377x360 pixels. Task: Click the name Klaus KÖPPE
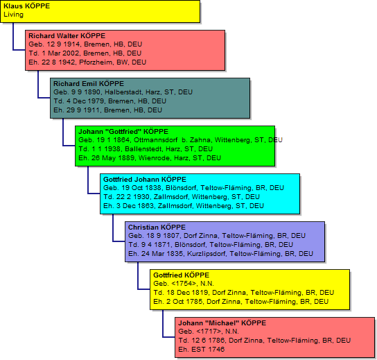pos(27,6)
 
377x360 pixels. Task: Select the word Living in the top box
pos(13,15)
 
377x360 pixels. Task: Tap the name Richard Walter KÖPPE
pos(67,36)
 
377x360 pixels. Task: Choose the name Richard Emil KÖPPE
pos(89,84)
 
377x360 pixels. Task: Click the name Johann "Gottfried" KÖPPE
pos(123,132)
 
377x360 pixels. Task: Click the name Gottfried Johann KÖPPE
pos(145,180)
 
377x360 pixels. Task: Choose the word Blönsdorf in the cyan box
pos(181,188)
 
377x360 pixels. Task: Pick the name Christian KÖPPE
pos(157,228)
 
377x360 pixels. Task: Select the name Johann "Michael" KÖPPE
pos(222,323)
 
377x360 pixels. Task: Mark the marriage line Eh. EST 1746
pos(201,350)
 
